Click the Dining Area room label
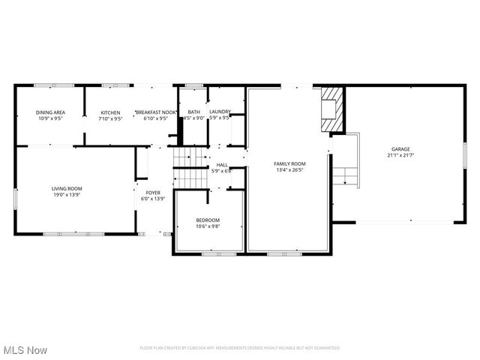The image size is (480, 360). [50, 112]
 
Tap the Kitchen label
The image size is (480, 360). [110, 112]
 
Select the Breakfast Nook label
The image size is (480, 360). [155, 112]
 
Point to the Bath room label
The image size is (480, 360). [193, 112]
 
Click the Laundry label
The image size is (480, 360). [220, 112]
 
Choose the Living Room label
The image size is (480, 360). [67, 188]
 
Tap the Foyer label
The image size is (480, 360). [154, 193]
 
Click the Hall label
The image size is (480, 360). [222, 165]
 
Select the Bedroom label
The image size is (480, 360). [208, 220]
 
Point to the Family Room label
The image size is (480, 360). [289, 163]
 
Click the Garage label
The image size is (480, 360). [400, 149]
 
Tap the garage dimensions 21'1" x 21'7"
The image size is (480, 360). [400, 155]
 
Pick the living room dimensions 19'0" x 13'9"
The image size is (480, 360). [67, 194]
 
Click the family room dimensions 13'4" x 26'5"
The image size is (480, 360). [289, 169]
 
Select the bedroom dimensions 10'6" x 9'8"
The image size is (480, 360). [208, 226]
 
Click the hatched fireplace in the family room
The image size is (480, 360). [333, 109]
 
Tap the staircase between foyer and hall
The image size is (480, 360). [190, 169]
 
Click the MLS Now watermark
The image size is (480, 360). [25, 350]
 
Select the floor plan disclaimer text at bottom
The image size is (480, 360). [240, 348]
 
